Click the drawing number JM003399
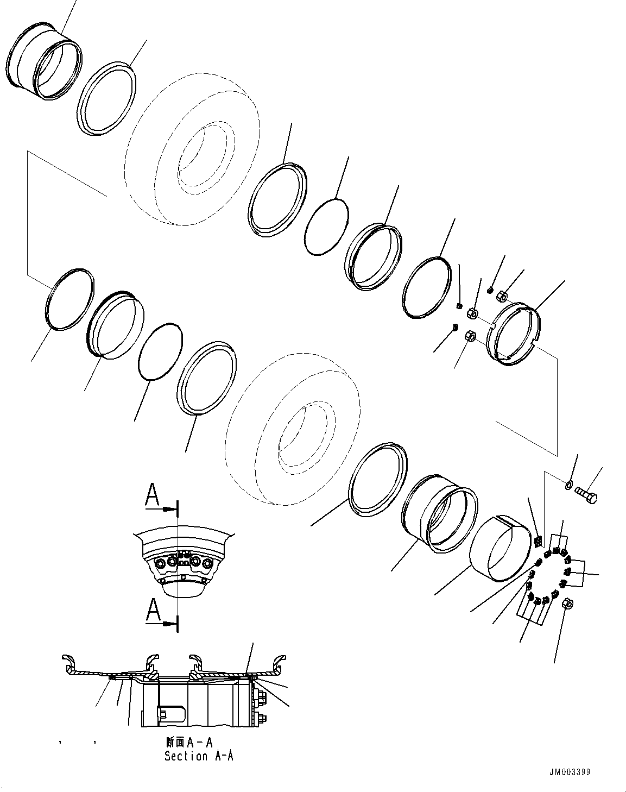click(x=569, y=772)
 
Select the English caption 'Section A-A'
click(x=199, y=756)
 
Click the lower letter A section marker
click(x=154, y=611)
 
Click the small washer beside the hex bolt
click(x=568, y=483)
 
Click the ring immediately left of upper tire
click(x=106, y=98)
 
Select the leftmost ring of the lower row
click(x=68, y=299)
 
